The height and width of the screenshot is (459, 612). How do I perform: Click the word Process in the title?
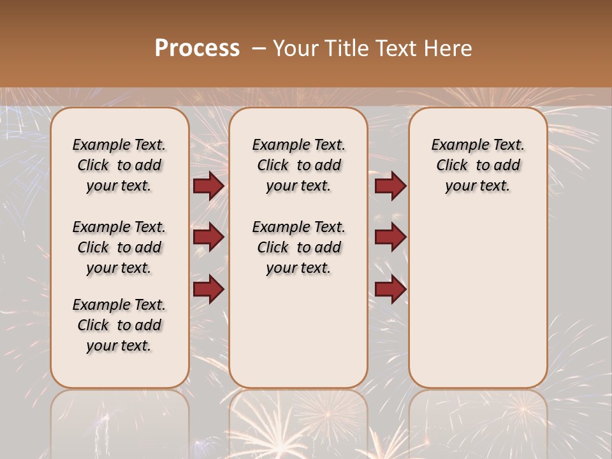[197, 48]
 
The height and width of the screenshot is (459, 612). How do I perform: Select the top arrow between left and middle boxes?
[208, 186]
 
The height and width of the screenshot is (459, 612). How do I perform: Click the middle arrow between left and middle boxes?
[208, 238]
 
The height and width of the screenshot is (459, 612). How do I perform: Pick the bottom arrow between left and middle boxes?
[208, 289]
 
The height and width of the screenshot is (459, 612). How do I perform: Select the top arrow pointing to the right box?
[390, 186]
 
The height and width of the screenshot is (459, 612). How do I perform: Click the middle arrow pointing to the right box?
[390, 238]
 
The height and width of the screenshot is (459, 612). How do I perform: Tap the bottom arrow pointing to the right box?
[390, 289]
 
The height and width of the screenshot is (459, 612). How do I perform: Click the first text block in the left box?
[119, 165]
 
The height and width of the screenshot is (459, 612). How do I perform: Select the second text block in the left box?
[119, 247]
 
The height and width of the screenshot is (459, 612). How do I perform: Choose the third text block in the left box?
[119, 325]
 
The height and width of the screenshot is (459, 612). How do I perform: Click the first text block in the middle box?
[298, 165]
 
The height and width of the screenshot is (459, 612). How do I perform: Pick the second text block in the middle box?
[298, 247]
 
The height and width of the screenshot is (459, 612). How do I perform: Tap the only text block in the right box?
[477, 165]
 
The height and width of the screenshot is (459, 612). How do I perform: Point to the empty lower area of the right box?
[477, 300]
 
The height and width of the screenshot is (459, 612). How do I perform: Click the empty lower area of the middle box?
[298, 331]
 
